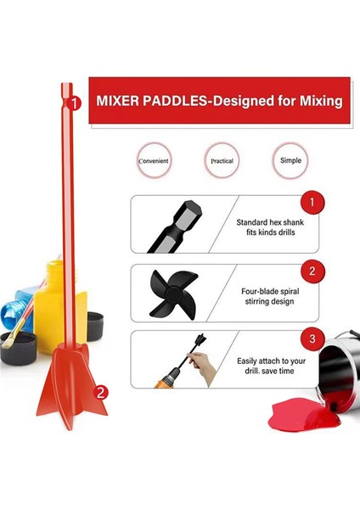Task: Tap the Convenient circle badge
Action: click(x=155, y=159)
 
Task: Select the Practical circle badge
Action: click(x=222, y=159)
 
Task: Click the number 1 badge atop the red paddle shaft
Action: click(x=76, y=103)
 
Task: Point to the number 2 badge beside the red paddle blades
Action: click(x=101, y=392)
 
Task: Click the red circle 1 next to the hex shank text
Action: click(x=312, y=204)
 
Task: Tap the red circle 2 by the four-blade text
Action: click(x=312, y=271)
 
